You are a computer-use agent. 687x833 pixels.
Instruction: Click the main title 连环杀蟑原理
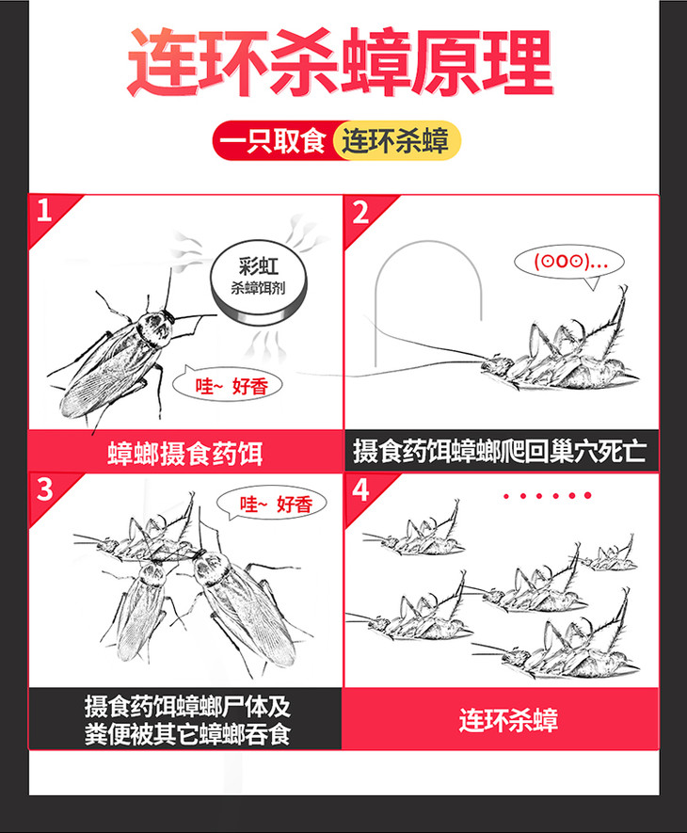tap(340, 63)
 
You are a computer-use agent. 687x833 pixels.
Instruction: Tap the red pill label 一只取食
tap(273, 141)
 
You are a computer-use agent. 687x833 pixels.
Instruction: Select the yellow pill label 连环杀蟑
tap(396, 141)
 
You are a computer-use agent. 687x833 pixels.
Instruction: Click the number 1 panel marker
tap(44, 211)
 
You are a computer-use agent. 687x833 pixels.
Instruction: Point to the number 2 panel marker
tap(360, 212)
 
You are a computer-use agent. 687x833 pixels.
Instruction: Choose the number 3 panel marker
tap(44, 489)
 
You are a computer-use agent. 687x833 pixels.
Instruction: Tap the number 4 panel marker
tap(360, 489)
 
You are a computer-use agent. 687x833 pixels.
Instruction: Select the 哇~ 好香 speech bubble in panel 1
tap(228, 385)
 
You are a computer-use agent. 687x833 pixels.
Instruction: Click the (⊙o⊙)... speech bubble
tap(568, 263)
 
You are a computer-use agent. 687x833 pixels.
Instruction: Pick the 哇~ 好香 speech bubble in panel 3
tap(272, 504)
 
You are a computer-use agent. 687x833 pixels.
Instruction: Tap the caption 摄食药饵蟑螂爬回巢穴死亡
tap(500, 452)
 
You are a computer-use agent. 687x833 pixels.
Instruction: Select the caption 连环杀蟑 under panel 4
tap(508, 720)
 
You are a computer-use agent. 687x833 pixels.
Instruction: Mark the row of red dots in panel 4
tap(548, 496)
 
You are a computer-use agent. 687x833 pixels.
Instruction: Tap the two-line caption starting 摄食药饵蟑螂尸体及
tap(187, 720)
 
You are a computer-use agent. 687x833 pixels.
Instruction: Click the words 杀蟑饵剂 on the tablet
tap(258, 288)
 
